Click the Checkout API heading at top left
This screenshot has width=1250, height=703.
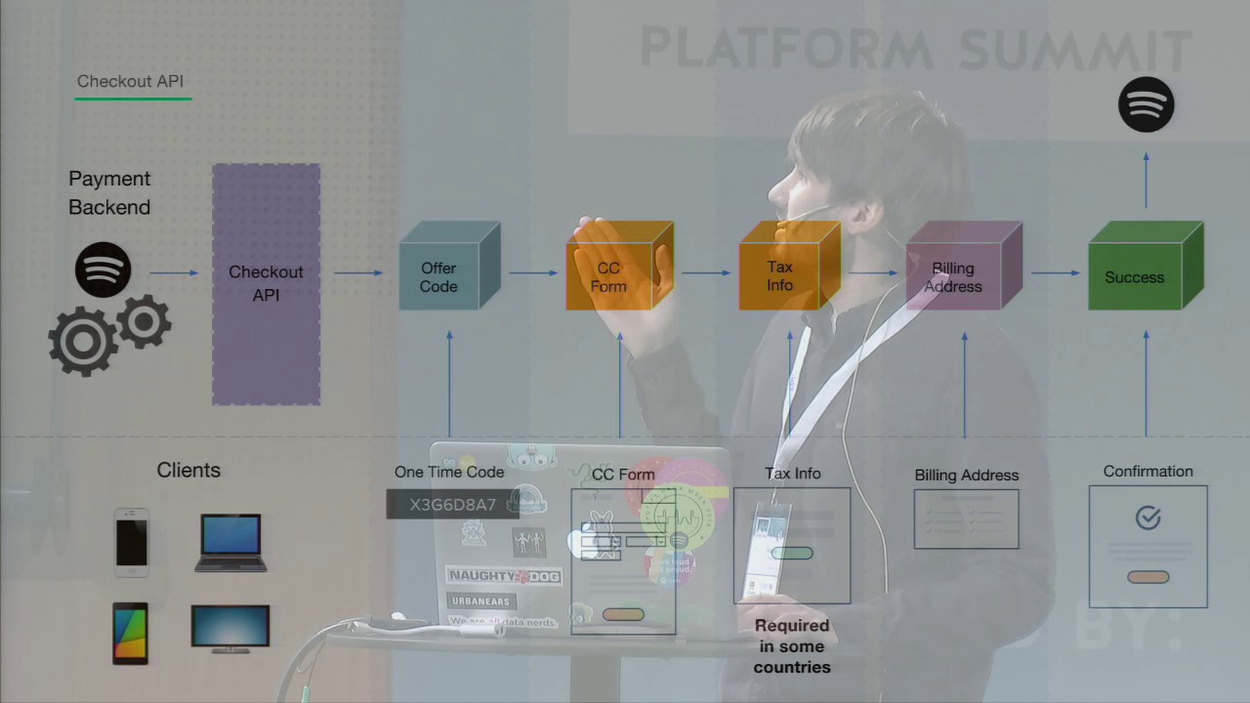tap(130, 82)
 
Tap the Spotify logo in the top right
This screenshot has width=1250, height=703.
tap(1146, 104)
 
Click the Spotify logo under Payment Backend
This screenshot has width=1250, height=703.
tap(103, 269)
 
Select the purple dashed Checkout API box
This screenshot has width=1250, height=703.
tap(266, 283)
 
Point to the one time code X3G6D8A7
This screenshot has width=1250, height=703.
tap(453, 505)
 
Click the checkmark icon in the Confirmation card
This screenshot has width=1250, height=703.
tap(1148, 518)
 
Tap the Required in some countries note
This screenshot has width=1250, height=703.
tap(792, 646)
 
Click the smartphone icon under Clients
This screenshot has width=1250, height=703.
tap(132, 538)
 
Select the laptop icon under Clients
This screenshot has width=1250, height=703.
tap(230, 542)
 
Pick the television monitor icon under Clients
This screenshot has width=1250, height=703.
tap(230, 628)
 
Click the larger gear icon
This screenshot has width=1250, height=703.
tap(82, 341)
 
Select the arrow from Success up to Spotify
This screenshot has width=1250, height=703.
tap(1146, 180)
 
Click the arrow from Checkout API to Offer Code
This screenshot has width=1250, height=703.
tap(357, 272)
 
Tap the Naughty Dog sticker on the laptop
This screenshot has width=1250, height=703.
tap(503, 576)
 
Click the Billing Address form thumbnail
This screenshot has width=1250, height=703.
tap(966, 519)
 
